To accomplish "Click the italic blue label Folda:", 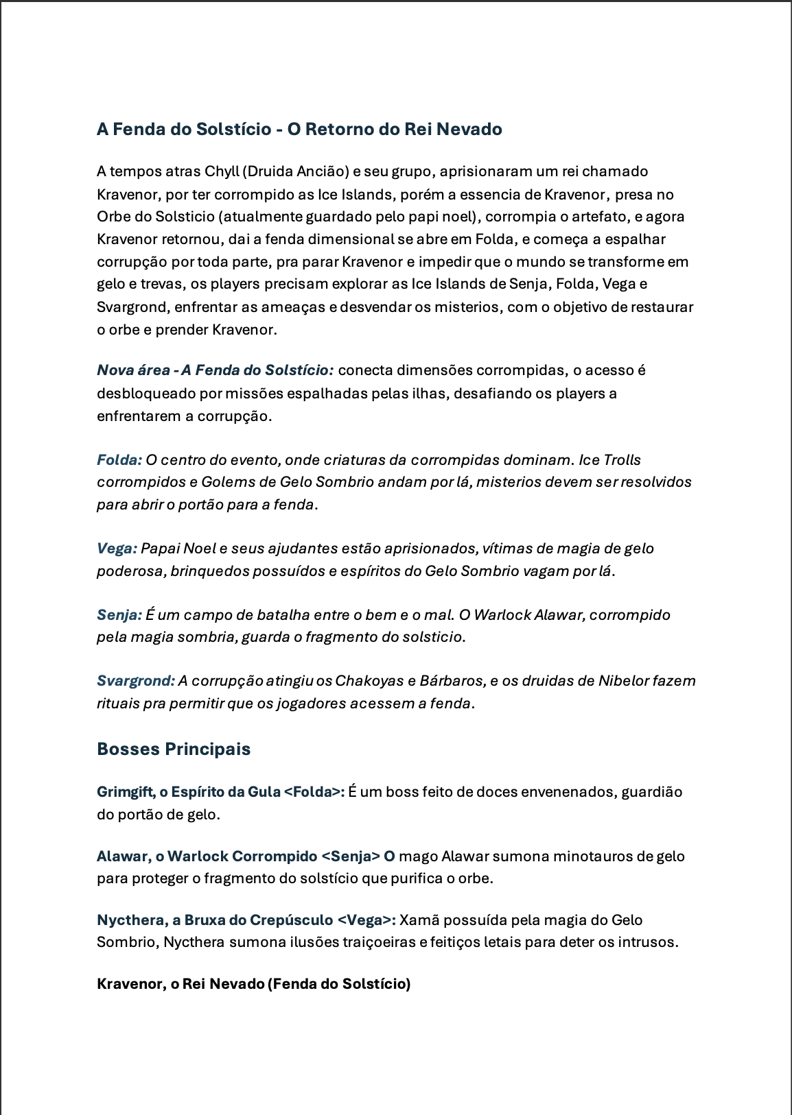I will [119, 460].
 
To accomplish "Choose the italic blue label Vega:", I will [117, 549].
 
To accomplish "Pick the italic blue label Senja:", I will [119, 615].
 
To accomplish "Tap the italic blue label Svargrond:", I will [136, 681].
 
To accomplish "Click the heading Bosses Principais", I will [174, 749].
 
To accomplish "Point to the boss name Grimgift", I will [125, 792].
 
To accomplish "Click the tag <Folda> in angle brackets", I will [312, 792].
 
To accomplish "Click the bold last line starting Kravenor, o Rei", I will [253, 984].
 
